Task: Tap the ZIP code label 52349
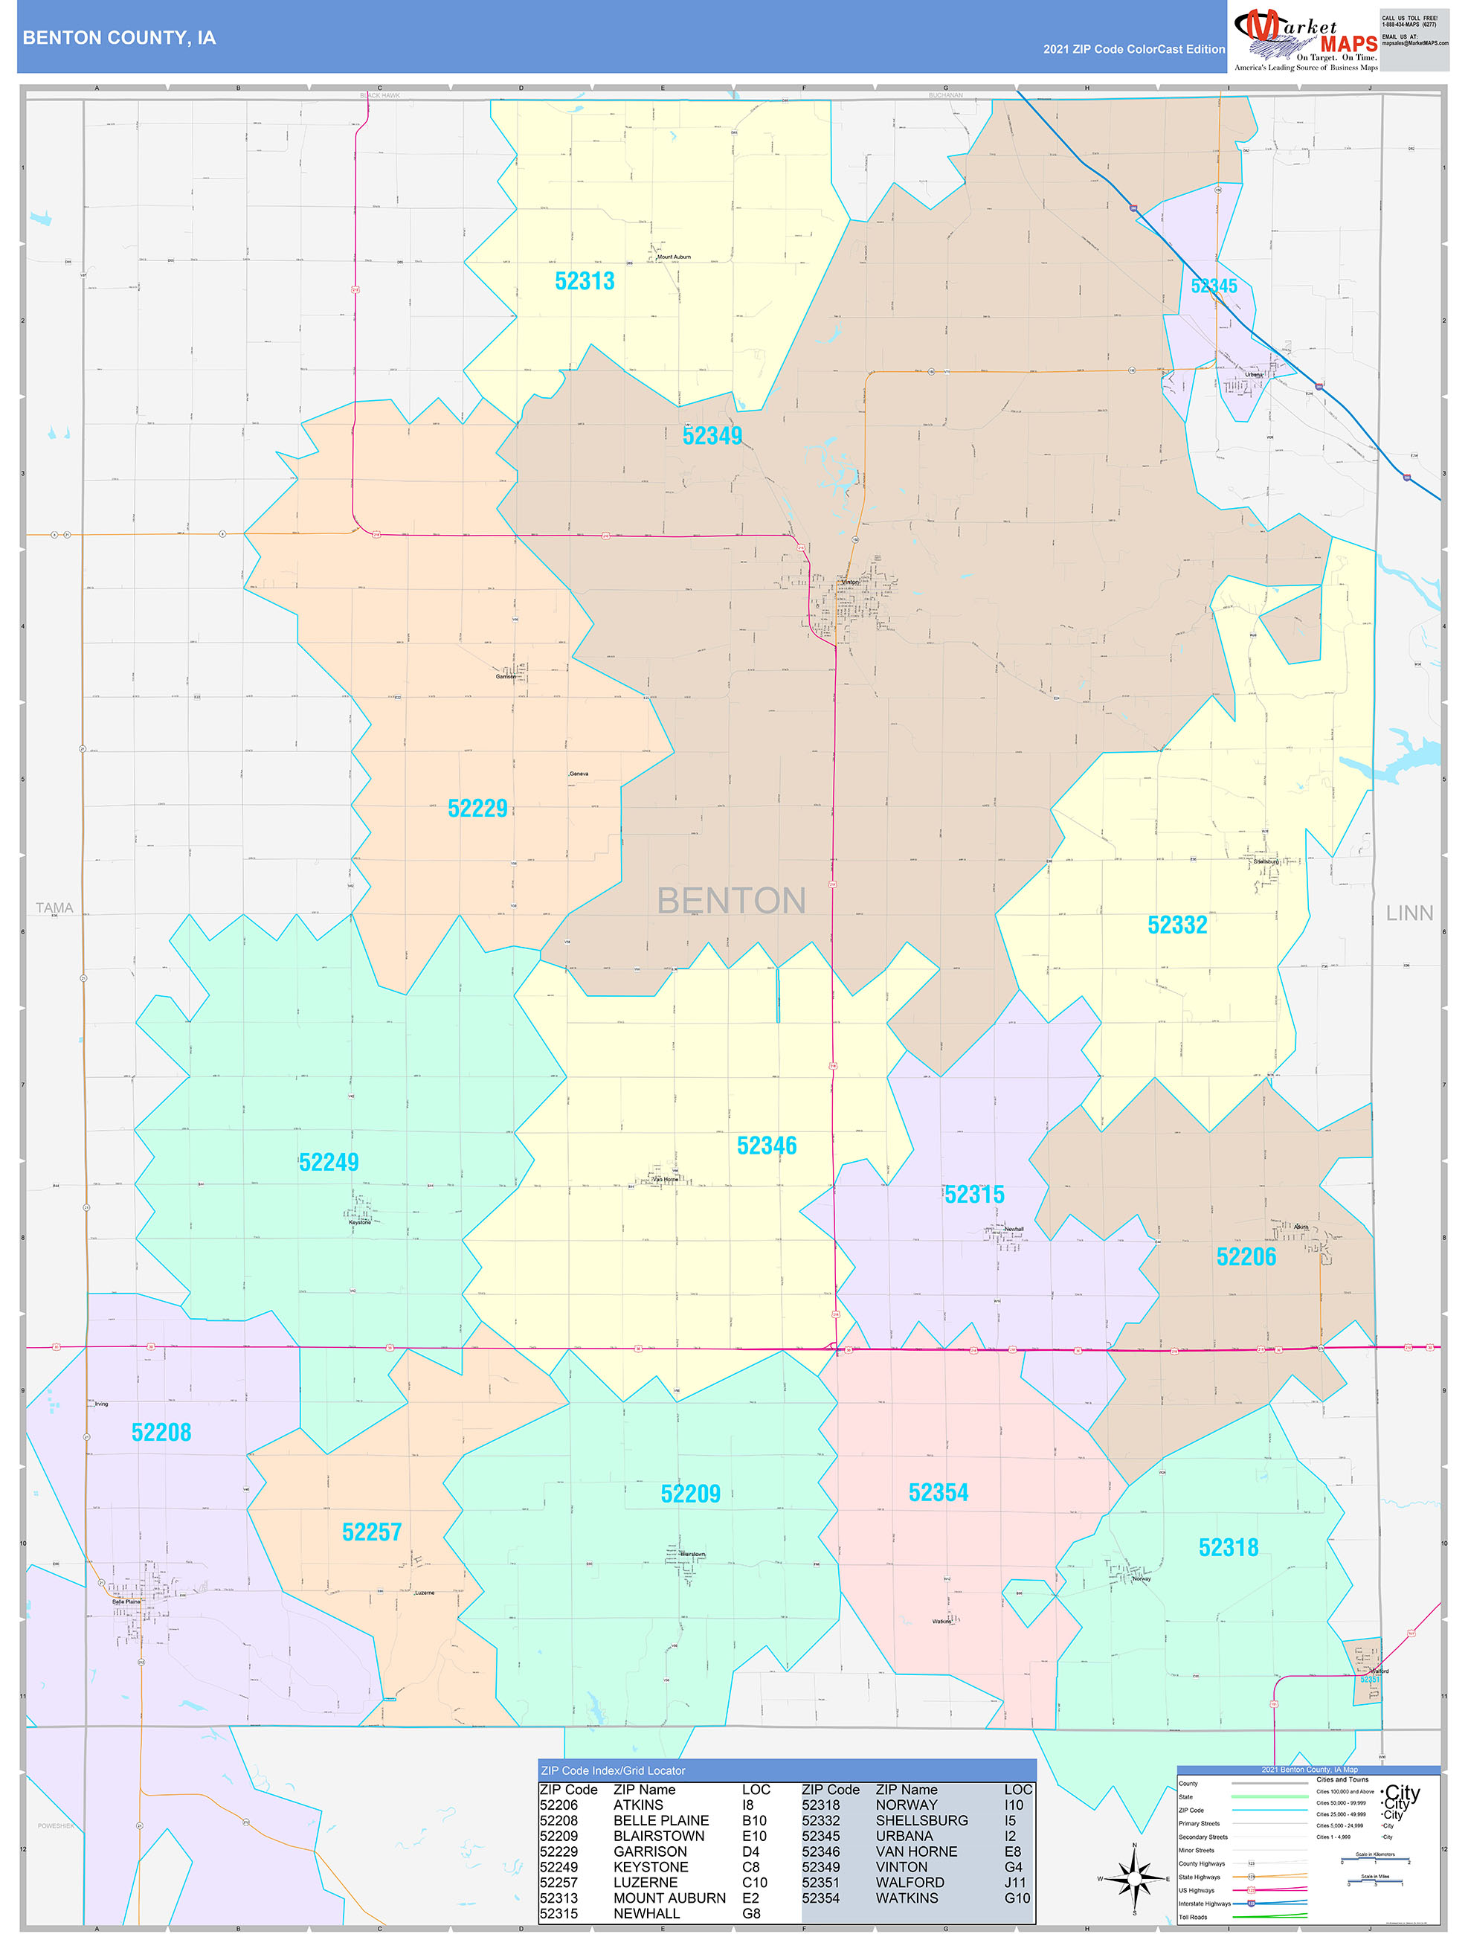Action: pyautogui.click(x=712, y=435)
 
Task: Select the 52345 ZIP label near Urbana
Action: pyautogui.click(x=1213, y=286)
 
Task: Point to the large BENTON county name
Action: pyautogui.click(x=731, y=901)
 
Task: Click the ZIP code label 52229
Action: pyautogui.click(x=477, y=808)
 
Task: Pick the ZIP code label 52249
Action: pyautogui.click(x=329, y=1162)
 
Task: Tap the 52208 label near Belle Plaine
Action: pyautogui.click(x=161, y=1432)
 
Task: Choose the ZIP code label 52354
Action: pyautogui.click(x=939, y=1492)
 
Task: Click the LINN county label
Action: pyautogui.click(x=1409, y=913)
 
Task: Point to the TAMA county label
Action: pyautogui.click(x=54, y=907)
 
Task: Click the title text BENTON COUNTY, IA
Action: pyautogui.click(x=119, y=38)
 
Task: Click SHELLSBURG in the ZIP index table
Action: pyautogui.click(x=921, y=1820)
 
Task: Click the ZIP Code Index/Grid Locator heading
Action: pyautogui.click(x=613, y=1770)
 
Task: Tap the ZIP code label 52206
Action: pyautogui.click(x=1246, y=1256)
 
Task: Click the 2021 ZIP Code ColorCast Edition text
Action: pyautogui.click(x=1133, y=49)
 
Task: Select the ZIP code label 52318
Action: pyautogui.click(x=1228, y=1547)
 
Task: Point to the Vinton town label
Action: pyautogui.click(x=849, y=582)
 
